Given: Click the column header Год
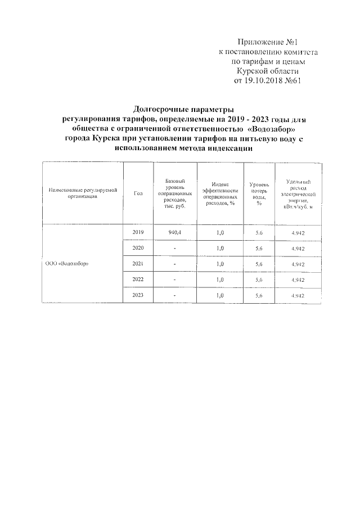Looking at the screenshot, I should coord(139,194).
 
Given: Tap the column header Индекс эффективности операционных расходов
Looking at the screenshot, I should coord(220,194).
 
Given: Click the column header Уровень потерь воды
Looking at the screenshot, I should coord(259,194).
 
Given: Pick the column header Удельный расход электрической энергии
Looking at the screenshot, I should coord(298,194).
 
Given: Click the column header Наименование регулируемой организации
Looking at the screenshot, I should coord(82,194).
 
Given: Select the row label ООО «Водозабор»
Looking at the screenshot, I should coord(66,264).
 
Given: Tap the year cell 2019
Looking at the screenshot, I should coord(138,232).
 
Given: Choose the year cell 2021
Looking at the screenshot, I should coord(138,264).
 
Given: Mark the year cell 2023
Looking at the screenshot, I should coord(138,295).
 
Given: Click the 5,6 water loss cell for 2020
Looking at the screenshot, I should coord(259,248).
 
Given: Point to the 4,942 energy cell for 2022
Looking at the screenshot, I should coord(298,280).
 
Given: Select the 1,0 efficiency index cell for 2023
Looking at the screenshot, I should coord(220,295).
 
